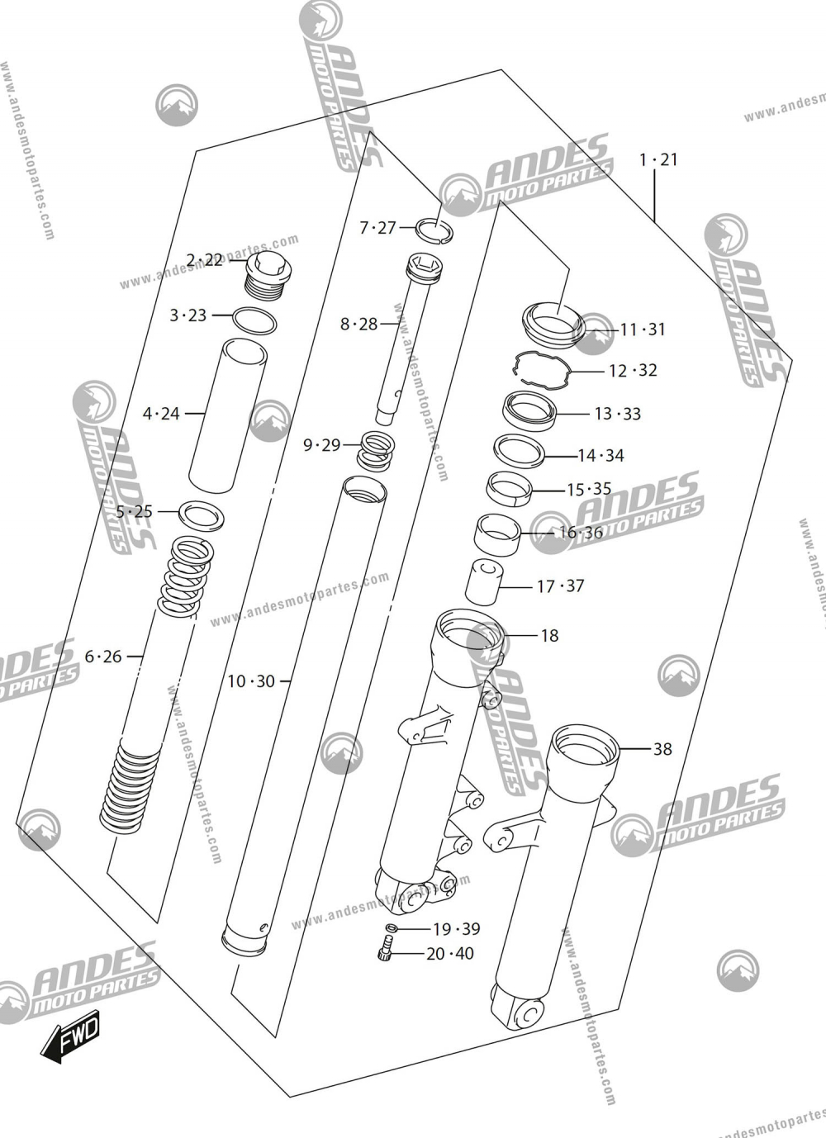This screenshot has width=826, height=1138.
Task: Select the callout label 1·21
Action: (658, 159)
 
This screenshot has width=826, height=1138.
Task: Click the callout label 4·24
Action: (161, 413)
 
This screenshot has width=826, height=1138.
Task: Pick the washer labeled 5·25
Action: (203, 516)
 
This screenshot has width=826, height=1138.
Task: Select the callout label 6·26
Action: (103, 657)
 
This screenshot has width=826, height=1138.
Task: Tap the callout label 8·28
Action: (358, 324)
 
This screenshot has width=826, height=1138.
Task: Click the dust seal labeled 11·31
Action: (553, 324)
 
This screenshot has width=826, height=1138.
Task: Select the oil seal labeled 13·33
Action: (529, 411)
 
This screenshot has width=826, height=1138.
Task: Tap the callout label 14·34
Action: (601, 455)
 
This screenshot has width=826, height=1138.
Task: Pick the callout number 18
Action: (549, 635)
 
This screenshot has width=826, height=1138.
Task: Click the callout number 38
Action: (662, 749)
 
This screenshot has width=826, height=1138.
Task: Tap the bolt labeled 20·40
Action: (383, 954)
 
